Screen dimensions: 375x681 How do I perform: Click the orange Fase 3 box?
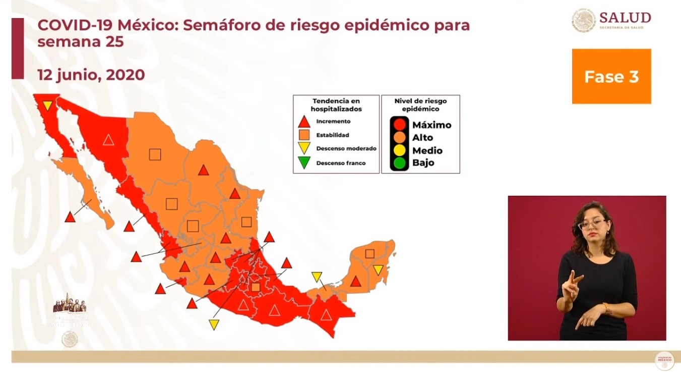click(611, 76)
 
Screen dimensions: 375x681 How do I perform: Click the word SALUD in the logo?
click(625, 18)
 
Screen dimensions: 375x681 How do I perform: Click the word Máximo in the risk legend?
click(431, 125)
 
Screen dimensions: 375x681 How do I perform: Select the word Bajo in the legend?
click(423, 163)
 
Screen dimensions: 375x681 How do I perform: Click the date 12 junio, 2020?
click(91, 75)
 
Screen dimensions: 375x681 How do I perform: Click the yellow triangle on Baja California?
click(47, 105)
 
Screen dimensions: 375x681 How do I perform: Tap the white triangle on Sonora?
click(108, 139)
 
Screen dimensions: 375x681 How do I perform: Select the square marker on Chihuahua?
click(155, 154)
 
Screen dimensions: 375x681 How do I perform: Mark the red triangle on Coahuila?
click(203, 170)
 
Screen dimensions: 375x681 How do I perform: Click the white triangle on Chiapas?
click(326, 315)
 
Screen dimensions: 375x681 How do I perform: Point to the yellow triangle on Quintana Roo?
click(378, 270)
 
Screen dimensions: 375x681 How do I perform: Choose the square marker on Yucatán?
click(370, 254)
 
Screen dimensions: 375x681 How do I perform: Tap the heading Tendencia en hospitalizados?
click(336, 105)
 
